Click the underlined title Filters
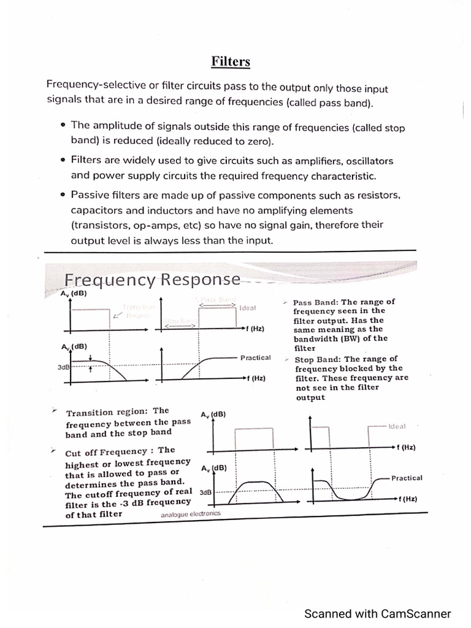pyautogui.click(x=231, y=62)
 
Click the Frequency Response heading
pyautogui.click(x=152, y=280)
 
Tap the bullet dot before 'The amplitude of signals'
pyautogui.click(x=63, y=125)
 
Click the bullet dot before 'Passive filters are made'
pyautogui.click(x=63, y=196)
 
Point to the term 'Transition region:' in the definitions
pyautogui.click(x=107, y=412)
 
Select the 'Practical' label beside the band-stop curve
pyautogui.click(x=407, y=478)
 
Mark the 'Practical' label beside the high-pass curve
pyautogui.click(x=256, y=358)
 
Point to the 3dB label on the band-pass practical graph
pyautogui.click(x=205, y=492)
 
